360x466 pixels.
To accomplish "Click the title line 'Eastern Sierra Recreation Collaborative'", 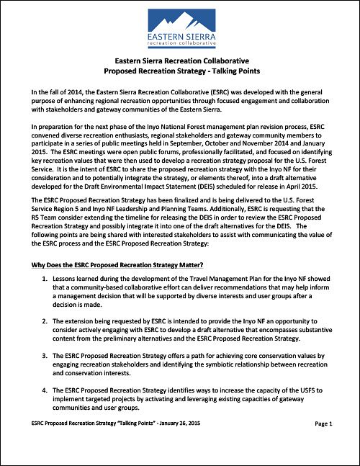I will (x=180, y=62).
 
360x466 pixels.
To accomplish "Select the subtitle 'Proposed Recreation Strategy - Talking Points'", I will (x=180, y=72).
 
